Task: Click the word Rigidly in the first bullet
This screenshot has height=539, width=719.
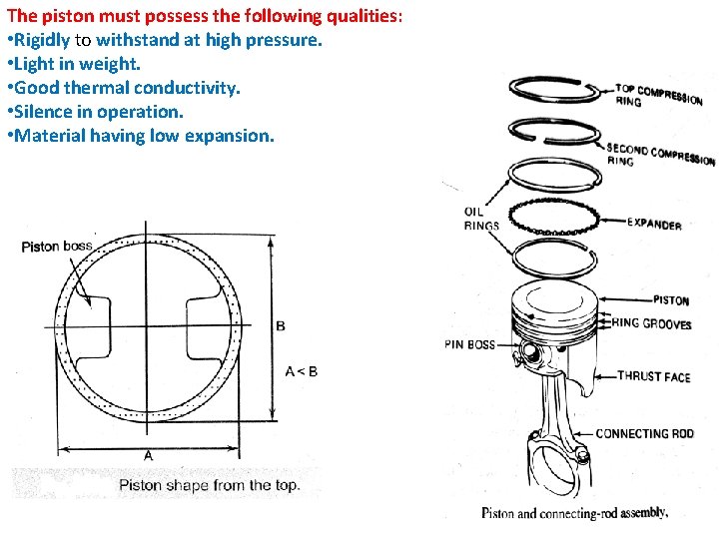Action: tap(44, 41)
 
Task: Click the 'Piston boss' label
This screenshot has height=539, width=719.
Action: tap(56, 247)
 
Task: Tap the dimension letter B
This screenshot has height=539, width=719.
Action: tap(281, 326)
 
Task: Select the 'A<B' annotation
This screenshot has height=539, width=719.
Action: tap(301, 371)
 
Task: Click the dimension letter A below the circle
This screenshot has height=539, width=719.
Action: tap(148, 455)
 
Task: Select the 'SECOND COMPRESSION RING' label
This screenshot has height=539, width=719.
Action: tap(659, 156)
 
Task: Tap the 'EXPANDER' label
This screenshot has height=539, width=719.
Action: tap(654, 224)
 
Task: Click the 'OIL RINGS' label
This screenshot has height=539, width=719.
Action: tap(480, 219)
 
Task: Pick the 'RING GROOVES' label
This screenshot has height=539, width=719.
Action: tap(651, 323)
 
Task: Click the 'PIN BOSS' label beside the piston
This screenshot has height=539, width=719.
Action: tap(468, 345)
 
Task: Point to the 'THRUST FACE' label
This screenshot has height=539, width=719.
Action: tap(653, 376)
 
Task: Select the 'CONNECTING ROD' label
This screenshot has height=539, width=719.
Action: tap(644, 434)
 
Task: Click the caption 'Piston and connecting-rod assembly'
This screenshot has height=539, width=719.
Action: tap(574, 513)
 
